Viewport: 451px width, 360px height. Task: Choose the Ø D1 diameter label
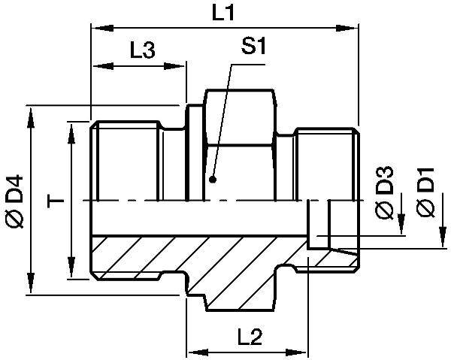click(x=425, y=195)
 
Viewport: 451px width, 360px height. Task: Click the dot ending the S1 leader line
click(x=213, y=180)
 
